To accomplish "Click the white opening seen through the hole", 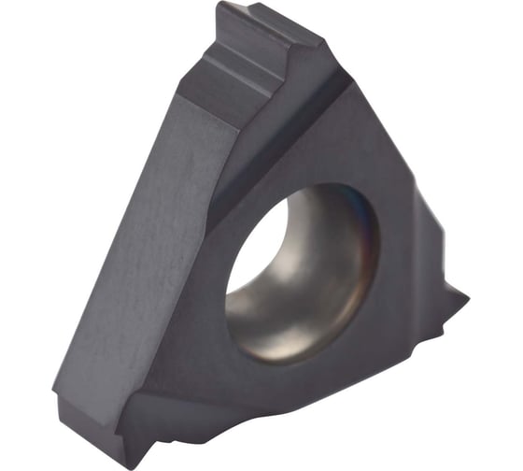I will [x=254, y=245].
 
